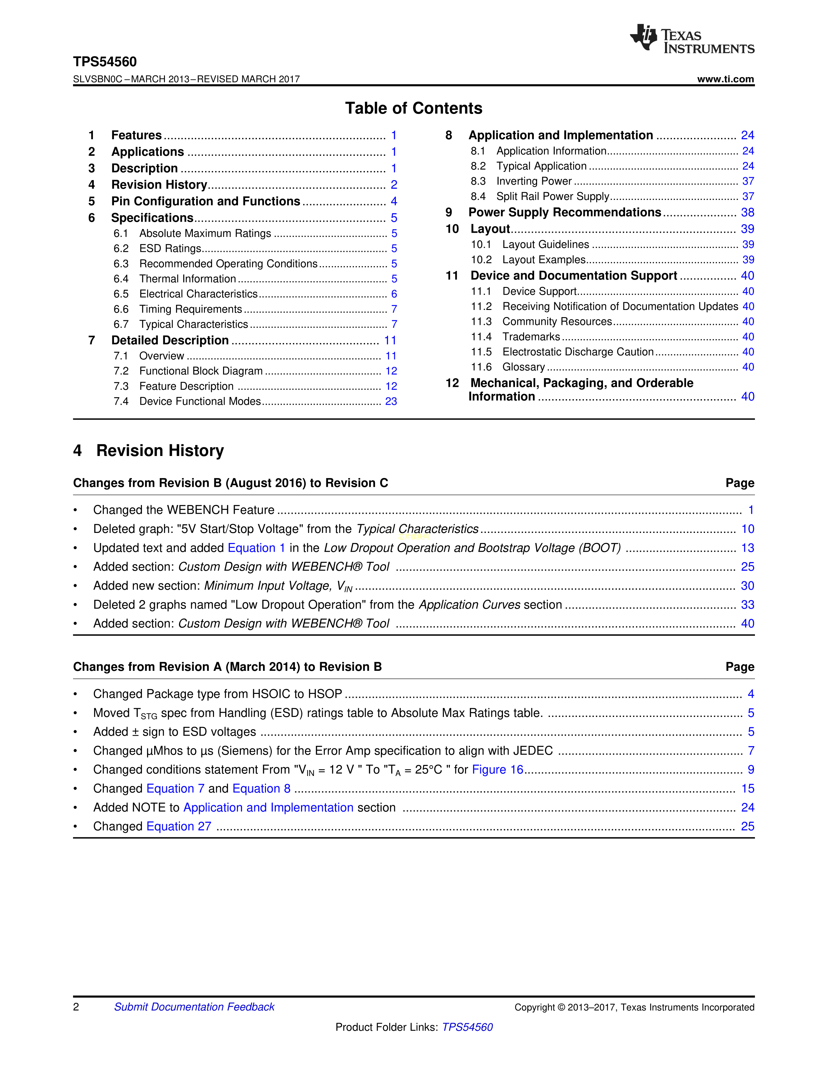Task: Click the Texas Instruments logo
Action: click(692, 39)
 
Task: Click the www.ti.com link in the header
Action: click(725, 79)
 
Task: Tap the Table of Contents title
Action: click(413, 108)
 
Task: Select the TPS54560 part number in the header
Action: click(105, 62)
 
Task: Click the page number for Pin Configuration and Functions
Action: click(394, 202)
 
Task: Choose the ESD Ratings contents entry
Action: click(170, 249)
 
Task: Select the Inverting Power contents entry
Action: click(534, 181)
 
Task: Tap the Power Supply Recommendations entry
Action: click(565, 212)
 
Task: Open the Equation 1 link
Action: click(257, 548)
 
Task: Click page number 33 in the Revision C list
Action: click(747, 605)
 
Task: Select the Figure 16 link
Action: click(497, 769)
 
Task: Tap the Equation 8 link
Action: click(261, 789)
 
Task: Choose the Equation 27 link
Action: click(179, 826)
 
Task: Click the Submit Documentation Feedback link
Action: click(194, 1007)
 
